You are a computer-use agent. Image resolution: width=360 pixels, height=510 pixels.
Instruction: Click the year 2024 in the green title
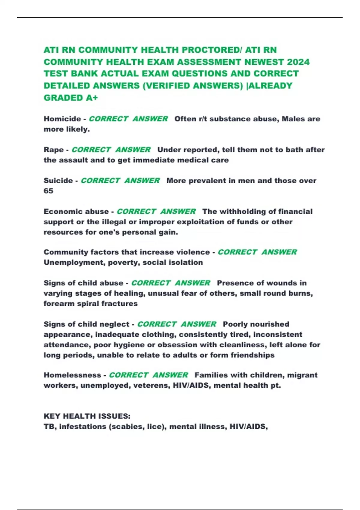click(298, 62)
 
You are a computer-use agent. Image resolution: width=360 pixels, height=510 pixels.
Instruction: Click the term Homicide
click(62, 119)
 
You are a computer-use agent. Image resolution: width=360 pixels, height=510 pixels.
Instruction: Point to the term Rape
click(54, 150)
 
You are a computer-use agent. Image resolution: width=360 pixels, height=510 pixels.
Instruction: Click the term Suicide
click(58, 181)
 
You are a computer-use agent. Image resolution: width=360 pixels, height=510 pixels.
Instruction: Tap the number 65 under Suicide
click(48, 191)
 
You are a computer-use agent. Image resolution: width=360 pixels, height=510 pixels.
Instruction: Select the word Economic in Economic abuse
click(61, 211)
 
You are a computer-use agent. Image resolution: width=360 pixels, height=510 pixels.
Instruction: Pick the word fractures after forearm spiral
click(119, 304)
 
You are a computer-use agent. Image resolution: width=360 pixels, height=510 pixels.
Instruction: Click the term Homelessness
click(72, 375)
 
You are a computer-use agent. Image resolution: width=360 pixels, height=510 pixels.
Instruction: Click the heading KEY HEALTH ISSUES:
click(87, 416)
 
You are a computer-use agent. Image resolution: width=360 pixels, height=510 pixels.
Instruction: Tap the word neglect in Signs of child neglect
click(114, 324)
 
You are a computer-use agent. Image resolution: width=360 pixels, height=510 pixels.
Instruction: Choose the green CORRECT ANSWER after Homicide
click(128, 119)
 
